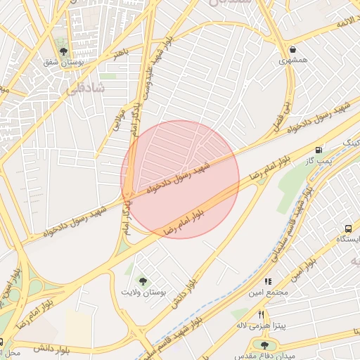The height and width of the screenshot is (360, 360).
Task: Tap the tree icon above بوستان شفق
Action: coord(64,51)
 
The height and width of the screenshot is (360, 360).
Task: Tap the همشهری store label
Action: coord(292,60)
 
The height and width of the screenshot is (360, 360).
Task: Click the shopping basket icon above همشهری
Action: coord(292,49)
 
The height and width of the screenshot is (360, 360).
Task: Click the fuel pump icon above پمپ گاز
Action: coord(320,150)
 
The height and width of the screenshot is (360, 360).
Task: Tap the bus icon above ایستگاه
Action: coord(348,229)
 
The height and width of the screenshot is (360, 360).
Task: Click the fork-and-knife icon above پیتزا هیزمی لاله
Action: coord(261,314)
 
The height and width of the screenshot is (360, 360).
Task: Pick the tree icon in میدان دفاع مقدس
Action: coord(264,345)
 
